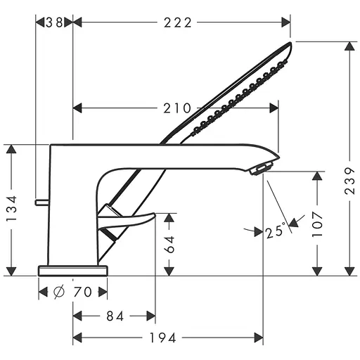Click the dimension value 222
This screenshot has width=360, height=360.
click(x=178, y=22)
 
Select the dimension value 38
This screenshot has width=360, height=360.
click(x=54, y=22)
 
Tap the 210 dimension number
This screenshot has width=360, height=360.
click(x=177, y=108)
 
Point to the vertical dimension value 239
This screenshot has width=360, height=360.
click(x=350, y=181)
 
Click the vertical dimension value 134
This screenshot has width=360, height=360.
click(x=12, y=209)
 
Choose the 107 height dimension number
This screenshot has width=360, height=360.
click(x=318, y=224)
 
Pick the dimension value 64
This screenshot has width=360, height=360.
click(x=169, y=245)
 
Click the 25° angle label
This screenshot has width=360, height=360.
click(x=276, y=231)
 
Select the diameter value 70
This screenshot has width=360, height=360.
click(x=82, y=292)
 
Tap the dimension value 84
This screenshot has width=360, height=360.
click(x=115, y=316)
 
